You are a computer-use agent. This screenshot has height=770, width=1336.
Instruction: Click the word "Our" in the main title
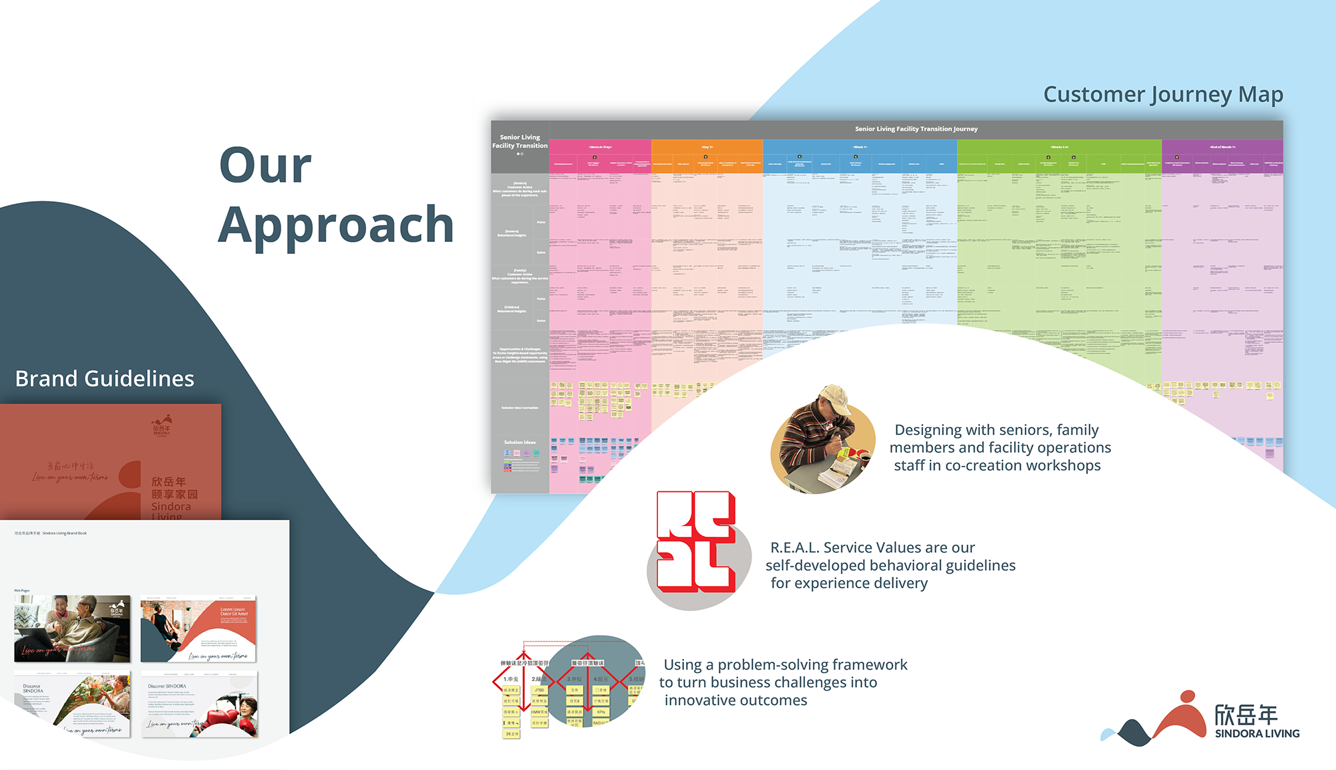click(x=265, y=165)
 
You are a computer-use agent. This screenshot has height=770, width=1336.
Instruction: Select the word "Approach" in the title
click(x=336, y=225)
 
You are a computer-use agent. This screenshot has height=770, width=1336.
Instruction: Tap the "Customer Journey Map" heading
click(x=1163, y=94)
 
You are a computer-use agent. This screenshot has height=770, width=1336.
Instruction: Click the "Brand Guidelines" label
click(x=105, y=379)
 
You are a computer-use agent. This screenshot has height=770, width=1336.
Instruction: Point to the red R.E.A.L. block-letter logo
click(x=695, y=541)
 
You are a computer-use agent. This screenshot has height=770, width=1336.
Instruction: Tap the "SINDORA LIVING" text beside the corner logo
click(x=1257, y=734)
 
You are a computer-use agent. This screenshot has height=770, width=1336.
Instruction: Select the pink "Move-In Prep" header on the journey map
click(x=600, y=147)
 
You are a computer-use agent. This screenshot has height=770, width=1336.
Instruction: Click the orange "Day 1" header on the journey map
click(x=707, y=147)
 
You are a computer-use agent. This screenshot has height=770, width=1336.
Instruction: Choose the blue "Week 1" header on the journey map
click(x=860, y=147)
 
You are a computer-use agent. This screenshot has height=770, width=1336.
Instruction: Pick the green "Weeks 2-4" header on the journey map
click(x=1059, y=147)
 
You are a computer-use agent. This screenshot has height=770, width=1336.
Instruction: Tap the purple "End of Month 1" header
click(x=1222, y=147)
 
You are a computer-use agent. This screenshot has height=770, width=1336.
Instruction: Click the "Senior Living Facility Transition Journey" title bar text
click(x=916, y=129)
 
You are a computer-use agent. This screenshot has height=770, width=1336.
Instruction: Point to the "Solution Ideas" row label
click(x=520, y=442)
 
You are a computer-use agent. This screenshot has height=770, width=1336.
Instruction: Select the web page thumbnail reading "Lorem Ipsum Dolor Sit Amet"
click(x=198, y=629)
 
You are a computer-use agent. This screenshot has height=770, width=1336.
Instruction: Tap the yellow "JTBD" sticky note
click(x=539, y=690)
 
